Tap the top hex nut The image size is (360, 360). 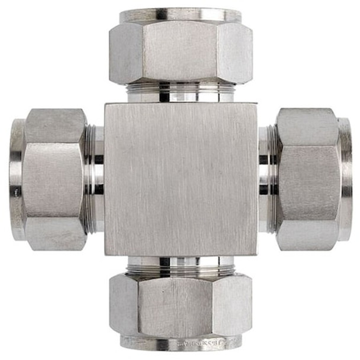pos(181,52)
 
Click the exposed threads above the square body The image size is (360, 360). pos(181,91)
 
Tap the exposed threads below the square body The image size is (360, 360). pos(181,267)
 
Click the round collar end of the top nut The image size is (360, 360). pos(181,15)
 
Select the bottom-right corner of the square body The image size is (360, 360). pos(256,254)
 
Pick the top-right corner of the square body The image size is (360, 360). pos(256,105)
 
